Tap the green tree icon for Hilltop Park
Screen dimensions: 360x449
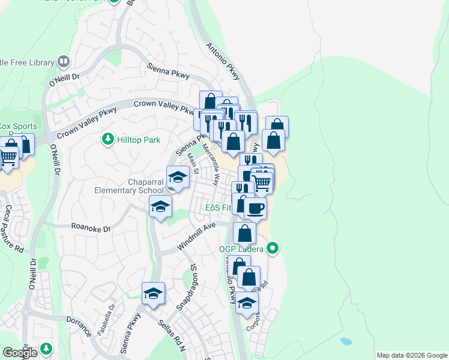(x=107, y=139)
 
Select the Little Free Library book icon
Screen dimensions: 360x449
(x=63, y=61)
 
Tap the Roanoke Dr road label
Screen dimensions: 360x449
(x=91, y=229)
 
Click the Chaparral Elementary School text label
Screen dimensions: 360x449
(x=137, y=186)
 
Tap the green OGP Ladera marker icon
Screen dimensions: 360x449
(x=273, y=247)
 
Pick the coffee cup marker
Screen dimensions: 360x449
(x=255, y=209)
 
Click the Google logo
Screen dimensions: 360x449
(x=19, y=353)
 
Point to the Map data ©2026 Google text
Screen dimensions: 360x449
(x=411, y=355)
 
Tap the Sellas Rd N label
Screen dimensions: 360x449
(x=171, y=332)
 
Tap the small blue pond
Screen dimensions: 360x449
(x=345, y=341)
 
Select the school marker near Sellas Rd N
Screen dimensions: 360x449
(x=153, y=294)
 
